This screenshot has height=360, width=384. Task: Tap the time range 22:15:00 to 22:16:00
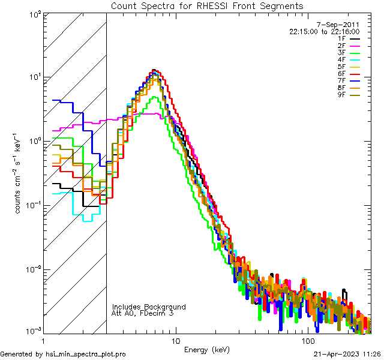(x=324, y=31)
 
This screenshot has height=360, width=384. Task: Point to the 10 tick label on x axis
(x=175, y=340)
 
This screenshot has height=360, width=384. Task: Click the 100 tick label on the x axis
(x=308, y=340)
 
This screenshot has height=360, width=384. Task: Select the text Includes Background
(x=149, y=307)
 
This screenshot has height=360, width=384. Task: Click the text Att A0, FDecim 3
(x=143, y=313)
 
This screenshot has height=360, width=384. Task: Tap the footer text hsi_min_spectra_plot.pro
(x=86, y=354)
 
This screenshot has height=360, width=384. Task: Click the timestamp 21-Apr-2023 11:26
(x=347, y=354)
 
